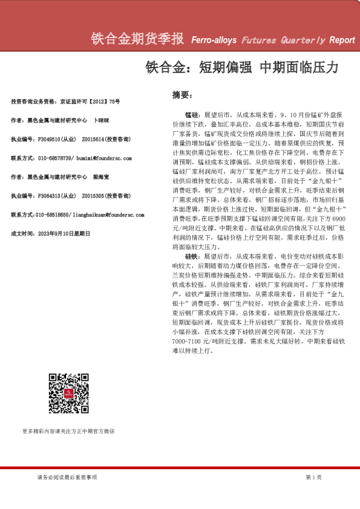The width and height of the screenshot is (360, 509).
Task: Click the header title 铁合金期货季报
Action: tap(137, 39)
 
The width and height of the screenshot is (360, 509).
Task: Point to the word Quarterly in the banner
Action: tap(303, 41)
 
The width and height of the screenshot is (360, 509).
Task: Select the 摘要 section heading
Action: tap(183, 96)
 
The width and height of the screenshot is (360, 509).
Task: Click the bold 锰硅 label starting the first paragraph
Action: tap(192, 114)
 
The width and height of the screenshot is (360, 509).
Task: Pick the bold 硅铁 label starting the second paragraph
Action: tap(192, 256)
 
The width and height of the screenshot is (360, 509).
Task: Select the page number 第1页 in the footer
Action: tap(314, 477)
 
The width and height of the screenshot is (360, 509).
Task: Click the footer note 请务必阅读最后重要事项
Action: tap(67, 477)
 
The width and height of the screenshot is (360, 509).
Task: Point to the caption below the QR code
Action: tap(68, 431)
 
